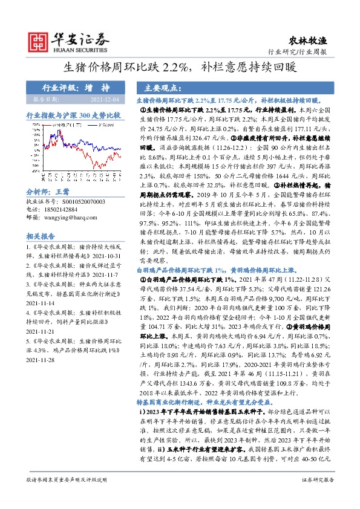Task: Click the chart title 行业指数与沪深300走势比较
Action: [x=74, y=114]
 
